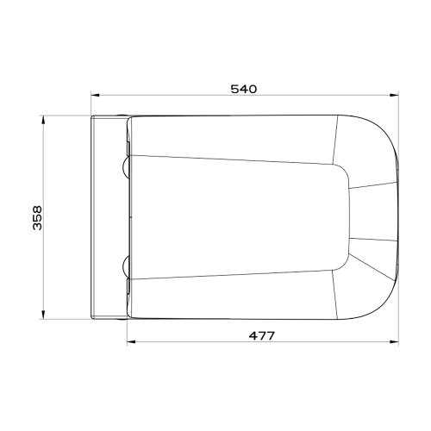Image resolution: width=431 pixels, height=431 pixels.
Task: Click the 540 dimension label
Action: tap(244, 89)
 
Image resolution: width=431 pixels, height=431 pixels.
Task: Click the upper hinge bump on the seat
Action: tap(128, 163)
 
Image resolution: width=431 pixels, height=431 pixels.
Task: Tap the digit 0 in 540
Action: tap(254, 89)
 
